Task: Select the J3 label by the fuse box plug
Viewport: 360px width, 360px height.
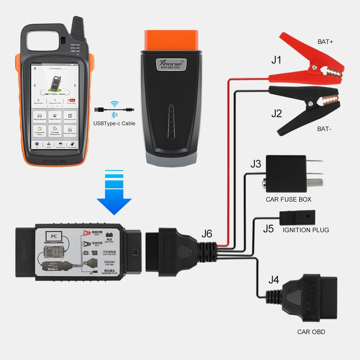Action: tap(256, 164)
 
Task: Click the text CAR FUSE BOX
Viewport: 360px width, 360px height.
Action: tap(288, 199)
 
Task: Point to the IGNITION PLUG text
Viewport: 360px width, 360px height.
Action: tap(306, 230)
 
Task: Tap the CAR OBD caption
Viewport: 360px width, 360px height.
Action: tap(311, 332)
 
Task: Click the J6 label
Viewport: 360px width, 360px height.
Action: tap(207, 234)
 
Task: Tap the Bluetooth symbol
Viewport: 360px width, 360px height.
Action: tap(113, 115)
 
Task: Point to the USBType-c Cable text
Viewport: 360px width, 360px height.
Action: tap(114, 123)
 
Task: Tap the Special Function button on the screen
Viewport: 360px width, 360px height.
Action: tap(70, 130)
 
